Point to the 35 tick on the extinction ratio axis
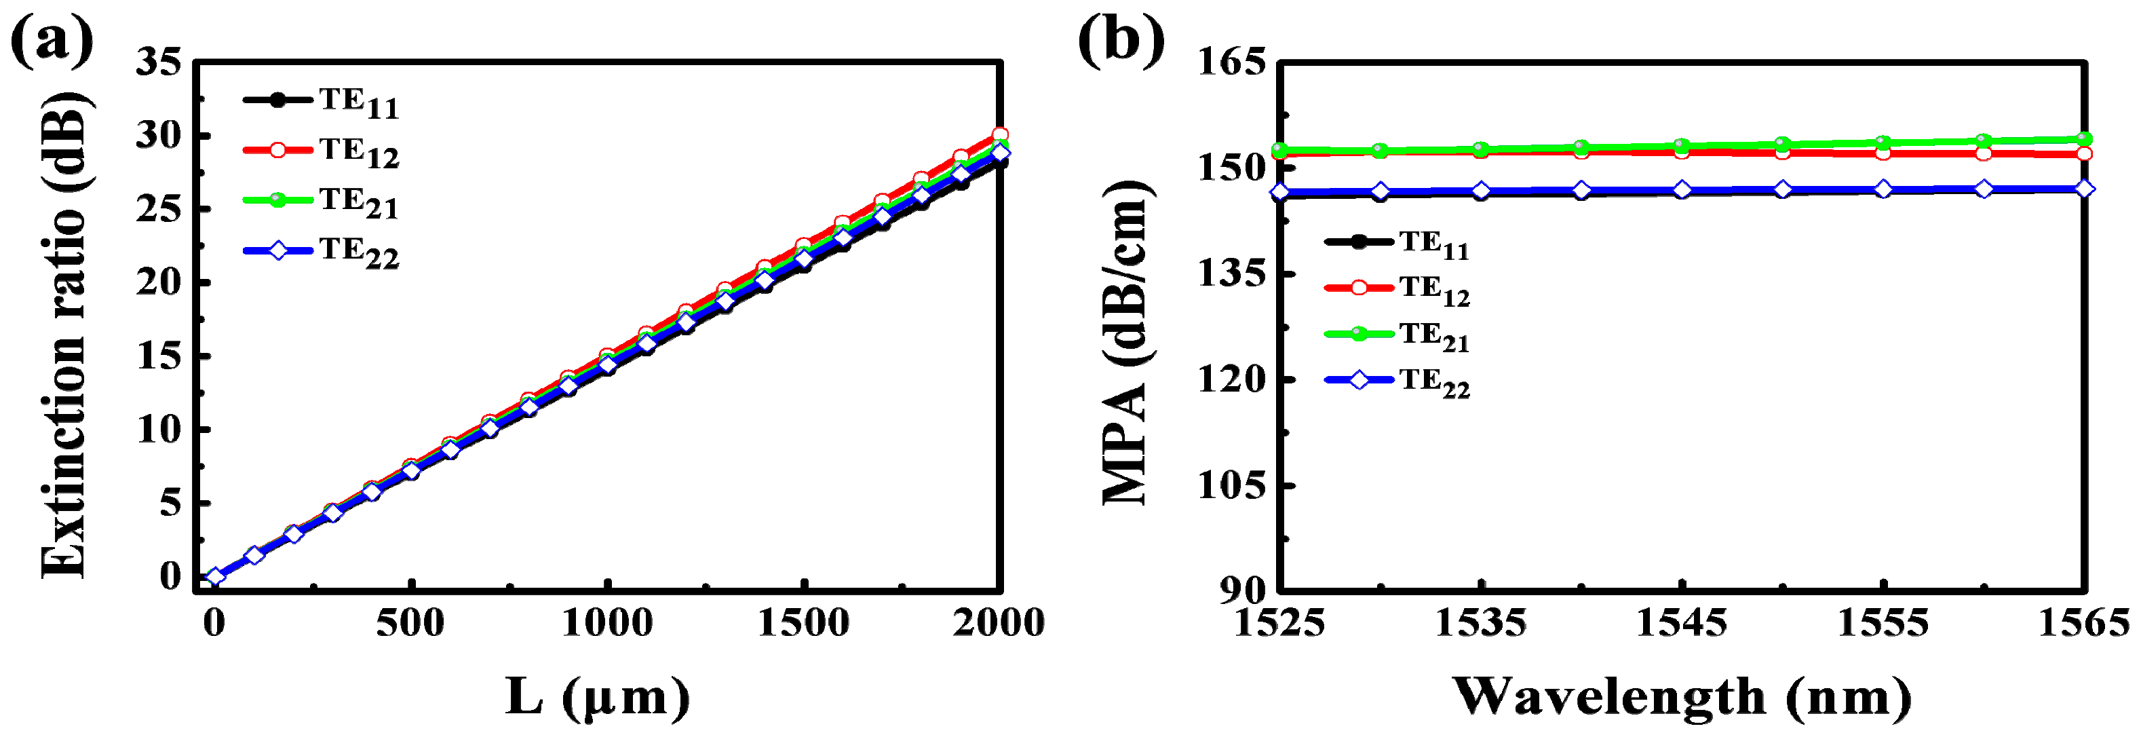[x=159, y=62]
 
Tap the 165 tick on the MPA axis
[x=1232, y=62]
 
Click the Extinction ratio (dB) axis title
[x=65, y=333]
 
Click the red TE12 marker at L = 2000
[x=1000, y=134]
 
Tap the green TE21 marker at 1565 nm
[x=2083, y=139]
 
